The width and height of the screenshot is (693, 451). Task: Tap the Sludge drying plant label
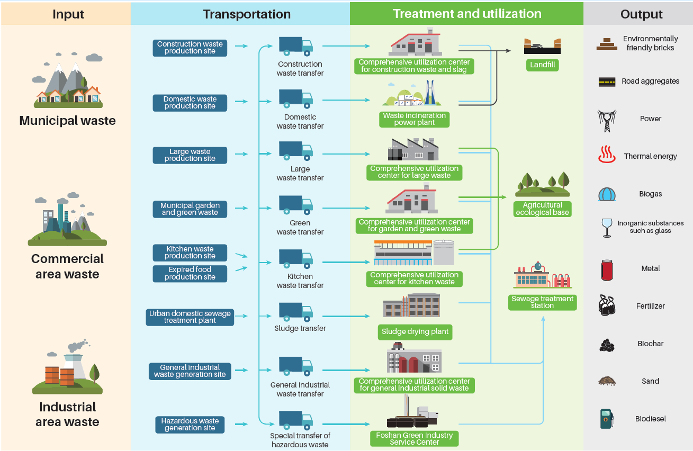415,332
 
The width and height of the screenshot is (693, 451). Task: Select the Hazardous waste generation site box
190,424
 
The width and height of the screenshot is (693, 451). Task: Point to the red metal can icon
607,270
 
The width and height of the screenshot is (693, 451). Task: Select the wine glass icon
607,228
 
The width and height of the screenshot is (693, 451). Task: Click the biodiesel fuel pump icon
607,419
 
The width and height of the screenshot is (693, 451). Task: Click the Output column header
641,14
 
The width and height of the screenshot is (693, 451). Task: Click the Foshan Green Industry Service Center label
414,439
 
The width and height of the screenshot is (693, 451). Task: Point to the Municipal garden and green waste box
190,209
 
